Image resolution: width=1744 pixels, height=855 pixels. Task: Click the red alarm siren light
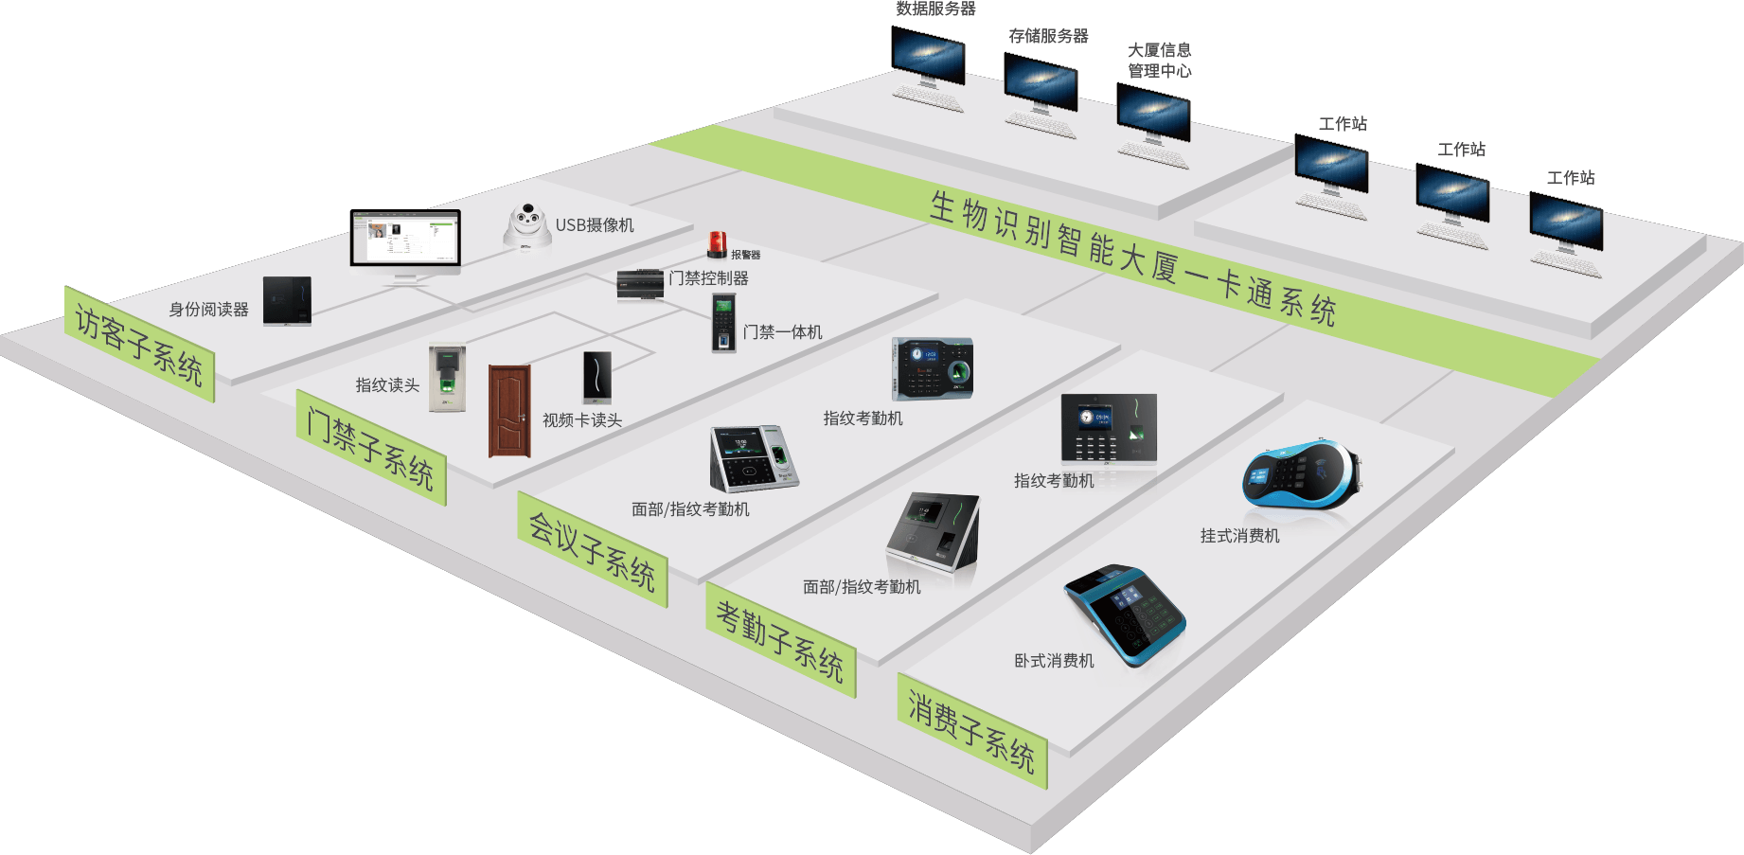click(x=717, y=245)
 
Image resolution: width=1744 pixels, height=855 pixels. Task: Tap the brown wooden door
click(x=509, y=411)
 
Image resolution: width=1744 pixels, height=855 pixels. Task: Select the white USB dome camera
click(x=526, y=227)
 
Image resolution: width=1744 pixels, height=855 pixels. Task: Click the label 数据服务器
click(x=935, y=9)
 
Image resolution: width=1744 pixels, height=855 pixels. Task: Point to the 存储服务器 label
click(x=1048, y=36)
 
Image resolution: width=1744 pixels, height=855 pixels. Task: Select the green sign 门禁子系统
click(x=371, y=448)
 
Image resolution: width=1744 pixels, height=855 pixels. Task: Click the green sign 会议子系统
click(x=593, y=550)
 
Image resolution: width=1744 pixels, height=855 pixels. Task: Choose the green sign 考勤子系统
click(x=781, y=640)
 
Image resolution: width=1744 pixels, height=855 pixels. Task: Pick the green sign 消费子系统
click(x=972, y=731)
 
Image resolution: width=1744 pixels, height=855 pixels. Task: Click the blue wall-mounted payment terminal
click(x=1302, y=474)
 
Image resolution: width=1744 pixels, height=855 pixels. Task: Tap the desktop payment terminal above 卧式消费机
click(x=1125, y=615)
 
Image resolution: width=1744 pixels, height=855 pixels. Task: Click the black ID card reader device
click(x=287, y=301)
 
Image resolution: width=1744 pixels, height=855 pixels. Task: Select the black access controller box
click(x=640, y=284)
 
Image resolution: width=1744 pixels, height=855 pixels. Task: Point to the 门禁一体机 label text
click(x=782, y=332)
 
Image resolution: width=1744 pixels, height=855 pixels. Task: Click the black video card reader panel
click(x=597, y=377)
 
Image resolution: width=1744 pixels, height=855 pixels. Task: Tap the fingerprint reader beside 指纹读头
click(x=448, y=377)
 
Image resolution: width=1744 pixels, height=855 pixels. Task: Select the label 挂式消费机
click(x=1240, y=536)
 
